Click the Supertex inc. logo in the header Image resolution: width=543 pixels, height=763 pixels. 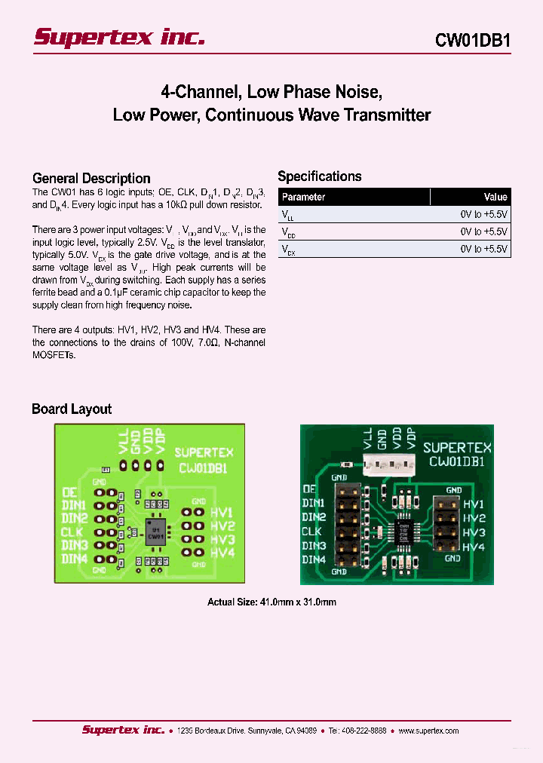119,38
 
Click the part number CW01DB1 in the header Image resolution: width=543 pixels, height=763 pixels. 473,41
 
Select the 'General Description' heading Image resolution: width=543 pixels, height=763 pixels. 91,179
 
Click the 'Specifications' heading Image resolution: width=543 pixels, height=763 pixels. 320,176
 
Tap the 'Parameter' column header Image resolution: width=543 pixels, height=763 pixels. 303,197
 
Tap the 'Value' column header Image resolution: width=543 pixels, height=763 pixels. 495,197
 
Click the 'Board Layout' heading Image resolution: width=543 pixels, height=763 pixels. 72,409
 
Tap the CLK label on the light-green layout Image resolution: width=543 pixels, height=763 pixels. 74,532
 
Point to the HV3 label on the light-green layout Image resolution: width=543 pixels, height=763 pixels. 222,540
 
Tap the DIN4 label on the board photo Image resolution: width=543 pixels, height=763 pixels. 313,559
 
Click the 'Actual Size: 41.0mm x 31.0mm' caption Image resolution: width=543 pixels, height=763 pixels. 271,602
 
